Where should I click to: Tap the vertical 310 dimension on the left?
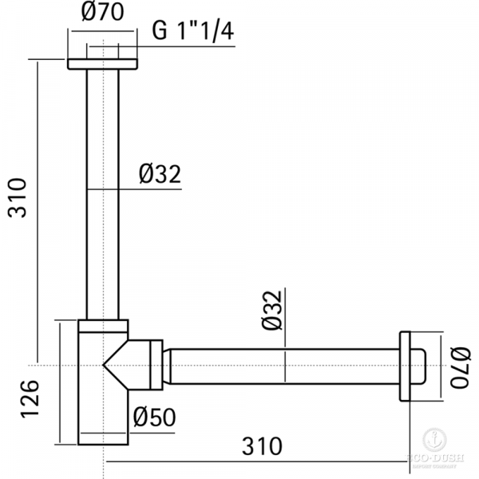click(17, 198)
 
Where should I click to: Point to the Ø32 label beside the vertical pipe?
click(160, 173)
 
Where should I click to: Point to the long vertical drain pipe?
click(103, 192)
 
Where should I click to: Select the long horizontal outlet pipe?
click(279, 366)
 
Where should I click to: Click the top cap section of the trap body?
click(103, 326)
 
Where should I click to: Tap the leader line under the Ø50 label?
click(152, 429)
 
